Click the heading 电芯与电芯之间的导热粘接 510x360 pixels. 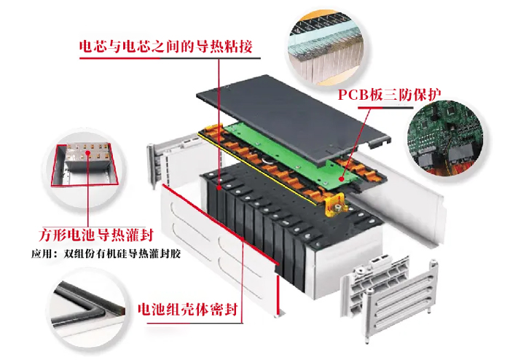pyautogui.click(x=166, y=47)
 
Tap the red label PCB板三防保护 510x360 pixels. pyautogui.click(x=389, y=95)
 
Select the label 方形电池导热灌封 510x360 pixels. pyautogui.click(x=95, y=235)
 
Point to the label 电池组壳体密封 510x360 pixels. pyautogui.click(x=188, y=309)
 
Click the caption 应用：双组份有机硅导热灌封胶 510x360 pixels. pyautogui.click(x=106, y=254)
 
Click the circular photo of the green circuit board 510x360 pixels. pyautogui.click(x=445, y=138)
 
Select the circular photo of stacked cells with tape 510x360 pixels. pyautogui.click(x=326, y=48)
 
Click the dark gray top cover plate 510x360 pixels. pyautogui.click(x=293, y=119)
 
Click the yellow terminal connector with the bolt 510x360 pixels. pyautogui.click(x=335, y=206)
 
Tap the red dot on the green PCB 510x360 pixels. pyautogui.click(x=341, y=179)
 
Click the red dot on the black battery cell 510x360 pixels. pyautogui.click(x=219, y=187)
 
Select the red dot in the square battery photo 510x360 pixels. pyautogui.click(x=88, y=152)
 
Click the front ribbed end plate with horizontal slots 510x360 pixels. pyautogui.click(x=400, y=301)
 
